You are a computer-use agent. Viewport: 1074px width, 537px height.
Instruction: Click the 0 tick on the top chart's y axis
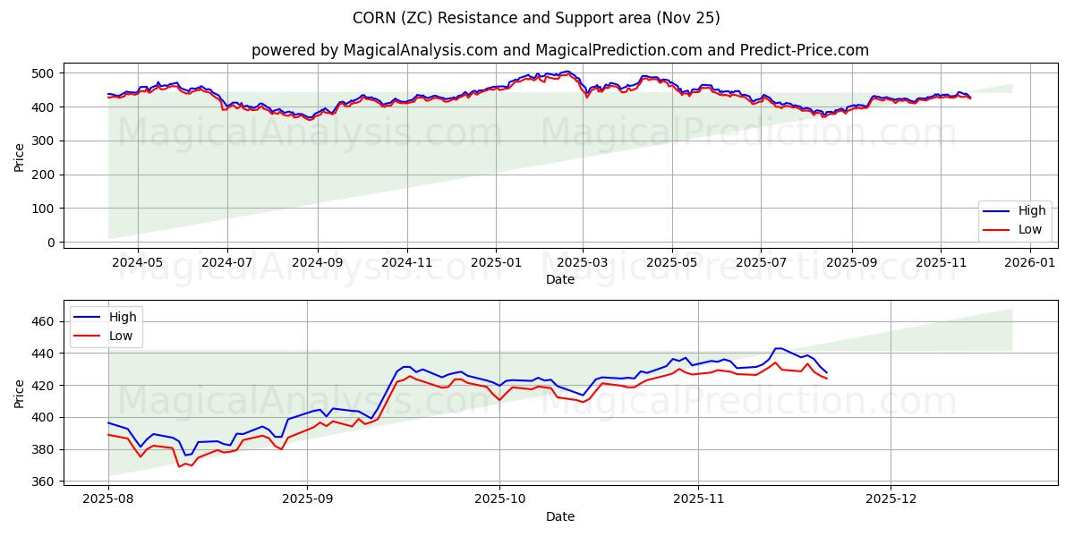tap(50, 243)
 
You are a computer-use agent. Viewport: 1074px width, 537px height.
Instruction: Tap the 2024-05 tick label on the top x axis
tap(138, 263)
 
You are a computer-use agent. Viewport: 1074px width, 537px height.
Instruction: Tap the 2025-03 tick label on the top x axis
tap(583, 263)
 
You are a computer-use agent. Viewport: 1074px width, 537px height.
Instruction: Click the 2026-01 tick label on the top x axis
tap(1031, 263)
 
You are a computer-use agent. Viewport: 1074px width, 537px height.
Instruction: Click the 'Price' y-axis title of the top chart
tap(20, 157)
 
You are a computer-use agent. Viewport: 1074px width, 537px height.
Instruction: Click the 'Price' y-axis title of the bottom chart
tap(20, 393)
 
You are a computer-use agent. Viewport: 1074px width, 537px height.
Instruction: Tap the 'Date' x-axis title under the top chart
tap(560, 280)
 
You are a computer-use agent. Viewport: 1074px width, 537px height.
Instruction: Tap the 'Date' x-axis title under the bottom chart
tap(560, 517)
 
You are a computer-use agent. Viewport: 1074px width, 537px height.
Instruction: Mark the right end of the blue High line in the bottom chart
tap(827, 372)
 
